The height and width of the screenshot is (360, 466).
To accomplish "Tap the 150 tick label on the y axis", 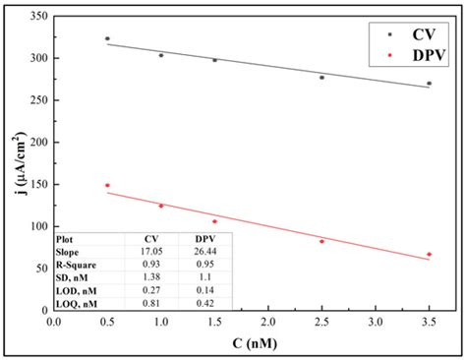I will pos(36,185).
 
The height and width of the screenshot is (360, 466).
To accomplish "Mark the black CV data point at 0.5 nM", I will pos(108,38).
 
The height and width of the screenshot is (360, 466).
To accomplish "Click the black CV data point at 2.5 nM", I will pos(321,77).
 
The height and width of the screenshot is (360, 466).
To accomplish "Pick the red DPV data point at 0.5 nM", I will pos(108,185).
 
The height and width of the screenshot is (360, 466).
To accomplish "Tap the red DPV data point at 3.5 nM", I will pos(429,254).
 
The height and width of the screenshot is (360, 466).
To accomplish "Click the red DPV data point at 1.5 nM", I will pos(214,221).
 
